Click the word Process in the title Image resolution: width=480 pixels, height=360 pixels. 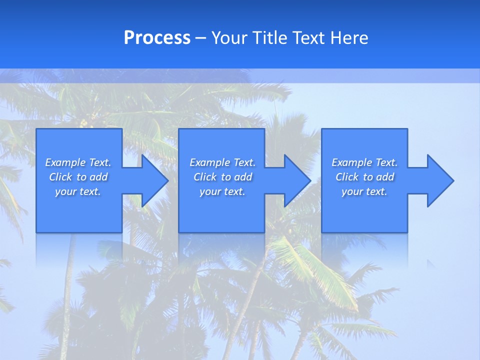pyautogui.click(x=157, y=38)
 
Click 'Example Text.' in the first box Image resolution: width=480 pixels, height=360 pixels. pyautogui.click(x=78, y=162)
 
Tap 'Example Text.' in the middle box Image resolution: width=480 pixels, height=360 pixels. pyautogui.click(x=222, y=162)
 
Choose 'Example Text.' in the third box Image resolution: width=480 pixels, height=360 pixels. pyautogui.click(x=364, y=162)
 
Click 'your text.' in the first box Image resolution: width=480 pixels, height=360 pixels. pyautogui.click(x=78, y=191)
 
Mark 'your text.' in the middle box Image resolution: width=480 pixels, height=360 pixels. pyautogui.click(x=222, y=191)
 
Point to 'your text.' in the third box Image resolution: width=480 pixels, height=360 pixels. pyautogui.click(x=364, y=191)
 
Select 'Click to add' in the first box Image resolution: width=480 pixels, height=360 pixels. pyautogui.click(x=78, y=177)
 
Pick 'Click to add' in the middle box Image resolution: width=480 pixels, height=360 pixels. pyautogui.click(x=222, y=177)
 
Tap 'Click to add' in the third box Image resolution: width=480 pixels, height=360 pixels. pyautogui.click(x=364, y=177)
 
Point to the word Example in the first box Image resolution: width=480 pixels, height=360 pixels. pyautogui.click(x=65, y=162)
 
